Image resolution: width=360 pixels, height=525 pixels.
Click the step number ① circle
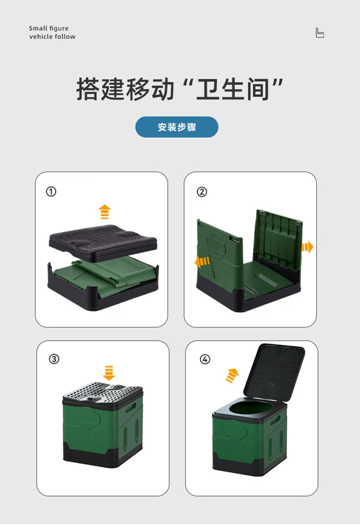click(51, 192)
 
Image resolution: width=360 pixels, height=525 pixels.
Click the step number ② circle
click(201, 192)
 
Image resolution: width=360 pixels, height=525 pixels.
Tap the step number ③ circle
click(54, 359)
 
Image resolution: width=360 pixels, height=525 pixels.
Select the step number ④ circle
click(205, 359)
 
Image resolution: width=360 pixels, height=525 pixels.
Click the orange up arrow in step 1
click(105, 212)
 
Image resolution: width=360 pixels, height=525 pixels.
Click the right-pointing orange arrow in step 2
click(308, 247)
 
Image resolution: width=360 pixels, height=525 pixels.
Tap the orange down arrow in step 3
click(109, 372)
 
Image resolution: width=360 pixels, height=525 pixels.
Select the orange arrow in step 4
click(232, 375)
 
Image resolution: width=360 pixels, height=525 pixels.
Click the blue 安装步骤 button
click(177, 127)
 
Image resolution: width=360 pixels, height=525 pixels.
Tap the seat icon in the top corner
click(320, 33)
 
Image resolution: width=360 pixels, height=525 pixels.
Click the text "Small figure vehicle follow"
click(52, 32)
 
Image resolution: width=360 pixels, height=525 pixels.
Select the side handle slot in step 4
click(275, 421)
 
